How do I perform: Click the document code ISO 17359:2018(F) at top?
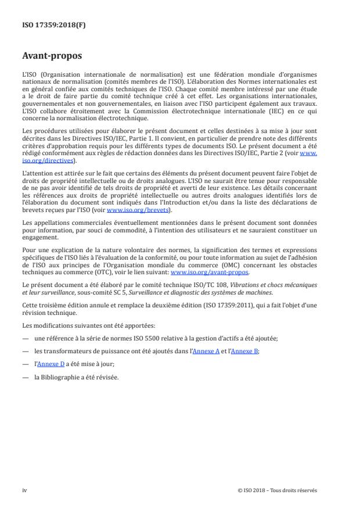point(48,25)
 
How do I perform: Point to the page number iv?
point(25,490)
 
